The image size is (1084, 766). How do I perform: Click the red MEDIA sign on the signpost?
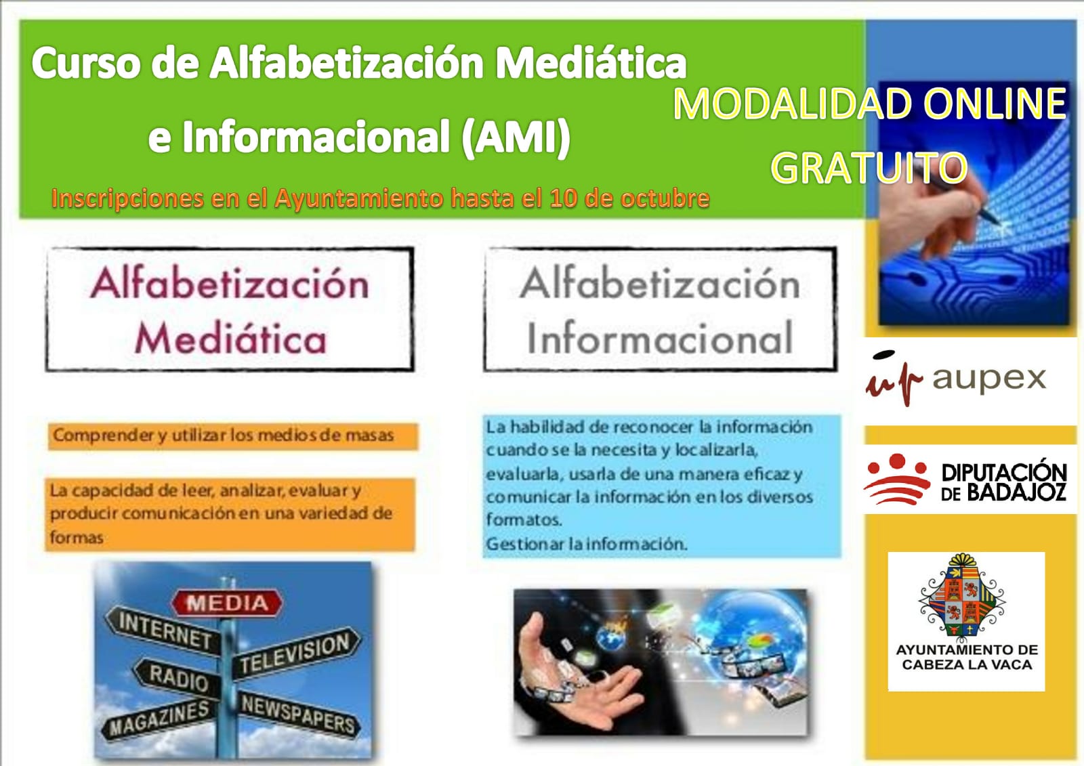tap(227, 603)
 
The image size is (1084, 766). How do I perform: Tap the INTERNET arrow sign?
tap(163, 630)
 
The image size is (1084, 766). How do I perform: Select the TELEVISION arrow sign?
tap(296, 654)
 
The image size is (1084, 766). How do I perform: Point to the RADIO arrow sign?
tap(177, 677)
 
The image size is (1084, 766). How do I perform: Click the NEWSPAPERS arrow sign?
tap(297, 715)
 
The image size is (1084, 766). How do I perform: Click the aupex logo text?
tap(989, 379)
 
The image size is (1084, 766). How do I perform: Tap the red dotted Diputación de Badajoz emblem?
tap(897, 479)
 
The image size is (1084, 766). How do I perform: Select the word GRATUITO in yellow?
tap(869, 167)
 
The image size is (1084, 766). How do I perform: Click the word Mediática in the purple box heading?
tap(230, 338)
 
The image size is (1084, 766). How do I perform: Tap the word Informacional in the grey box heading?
tap(660, 338)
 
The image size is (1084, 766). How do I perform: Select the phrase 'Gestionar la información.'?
tap(587, 544)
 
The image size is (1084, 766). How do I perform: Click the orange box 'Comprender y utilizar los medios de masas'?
tap(233, 436)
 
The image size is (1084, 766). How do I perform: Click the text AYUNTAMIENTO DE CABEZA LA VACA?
tap(967, 657)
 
